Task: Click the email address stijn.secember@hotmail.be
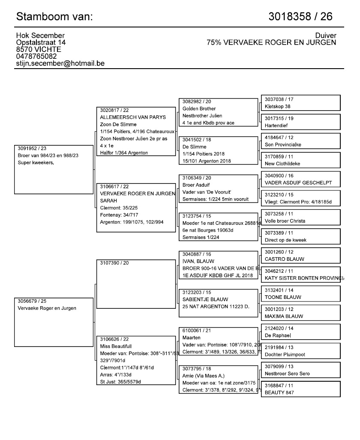click(x=60, y=63)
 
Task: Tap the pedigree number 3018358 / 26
click(x=300, y=17)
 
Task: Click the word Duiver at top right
click(x=326, y=36)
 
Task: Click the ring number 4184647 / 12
click(x=279, y=138)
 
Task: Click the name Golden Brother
click(x=199, y=109)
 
